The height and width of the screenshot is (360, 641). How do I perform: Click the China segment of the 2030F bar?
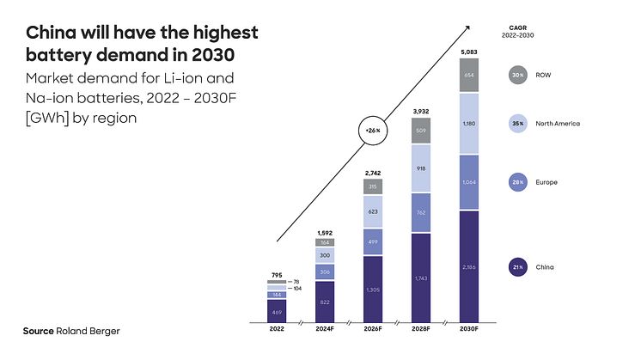coord(467,267)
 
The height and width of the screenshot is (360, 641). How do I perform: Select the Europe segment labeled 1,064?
coord(467,182)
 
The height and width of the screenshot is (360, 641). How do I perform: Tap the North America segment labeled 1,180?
coord(467,124)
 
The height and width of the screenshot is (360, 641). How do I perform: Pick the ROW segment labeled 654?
coord(467,76)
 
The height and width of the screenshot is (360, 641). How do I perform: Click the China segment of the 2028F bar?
coord(419,278)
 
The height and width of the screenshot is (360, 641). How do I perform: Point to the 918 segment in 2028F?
coord(419,168)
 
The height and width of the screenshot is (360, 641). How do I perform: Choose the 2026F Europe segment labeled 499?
coord(371,241)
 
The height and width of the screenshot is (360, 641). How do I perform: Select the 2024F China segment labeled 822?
coord(323,302)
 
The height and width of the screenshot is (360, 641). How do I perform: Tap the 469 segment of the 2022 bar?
coord(276,311)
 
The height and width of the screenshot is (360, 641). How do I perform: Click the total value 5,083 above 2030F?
coord(467,52)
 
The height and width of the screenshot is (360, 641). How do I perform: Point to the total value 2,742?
coord(371,174)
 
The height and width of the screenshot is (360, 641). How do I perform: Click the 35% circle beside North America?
coord(516,124)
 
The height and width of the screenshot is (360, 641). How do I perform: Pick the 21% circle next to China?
coord(516,267)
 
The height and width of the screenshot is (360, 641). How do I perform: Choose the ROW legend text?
coord(542,75)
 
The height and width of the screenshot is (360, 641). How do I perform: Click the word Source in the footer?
coord(38,331)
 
